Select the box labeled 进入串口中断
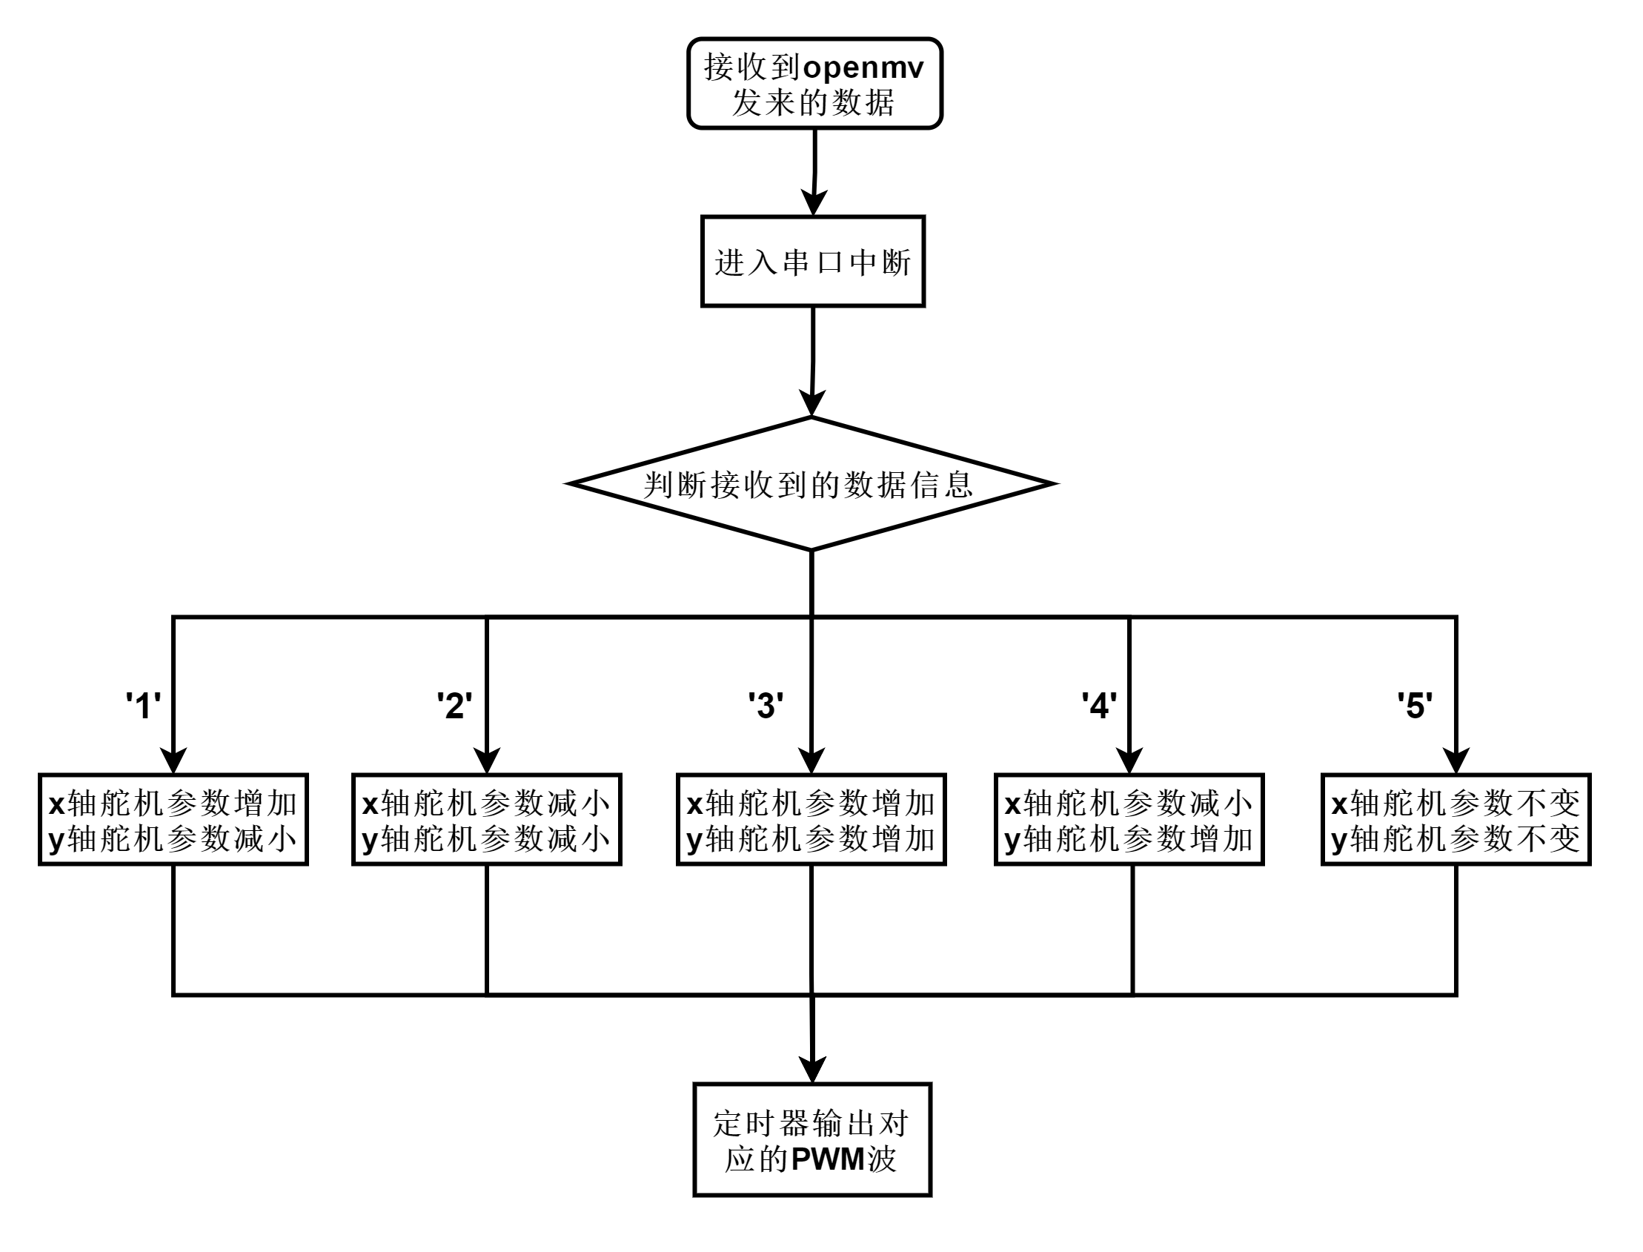[x=812, y=262]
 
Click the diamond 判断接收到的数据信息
[x=810, y=484]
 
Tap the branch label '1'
[x=143, y=705]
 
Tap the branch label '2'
[x=454, y=705]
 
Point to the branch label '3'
[x=766, y=705]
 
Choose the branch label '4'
[x=1099, y=705]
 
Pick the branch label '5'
[x=1415, y=705]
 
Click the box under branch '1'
[x=173, y=820]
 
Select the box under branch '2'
[x=487, y=820]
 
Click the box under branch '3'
[x=811, y=820]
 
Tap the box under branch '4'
[x=1129, y=820]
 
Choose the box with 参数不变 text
[x=1456, y=820]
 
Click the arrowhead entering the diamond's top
[x=811, y=403]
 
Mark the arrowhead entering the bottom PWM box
[x=812, y=1070]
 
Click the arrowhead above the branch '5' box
[x=1456, y=760]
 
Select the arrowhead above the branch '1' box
[x=173, y=760]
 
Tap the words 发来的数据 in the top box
[x=812, y=103]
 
